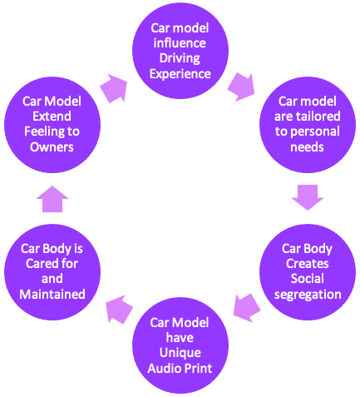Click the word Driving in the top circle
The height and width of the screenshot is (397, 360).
180,58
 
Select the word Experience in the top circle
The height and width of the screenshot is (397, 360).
180,74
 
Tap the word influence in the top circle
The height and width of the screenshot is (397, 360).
180,43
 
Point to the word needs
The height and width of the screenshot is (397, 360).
307,147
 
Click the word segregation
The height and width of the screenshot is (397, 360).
308,295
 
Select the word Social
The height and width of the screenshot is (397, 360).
308,279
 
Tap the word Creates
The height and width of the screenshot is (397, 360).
308,264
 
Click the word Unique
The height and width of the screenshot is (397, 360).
180,353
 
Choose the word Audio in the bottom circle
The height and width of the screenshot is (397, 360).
164,368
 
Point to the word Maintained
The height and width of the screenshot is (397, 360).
52,294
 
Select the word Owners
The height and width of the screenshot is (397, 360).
52,147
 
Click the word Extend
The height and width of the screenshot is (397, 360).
52,117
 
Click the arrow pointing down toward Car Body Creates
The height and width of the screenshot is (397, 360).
308,197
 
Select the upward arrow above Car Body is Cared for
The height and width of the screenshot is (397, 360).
52,199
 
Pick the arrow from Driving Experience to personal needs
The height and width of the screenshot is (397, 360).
241,87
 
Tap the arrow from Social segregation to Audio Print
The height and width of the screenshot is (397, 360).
247,308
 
